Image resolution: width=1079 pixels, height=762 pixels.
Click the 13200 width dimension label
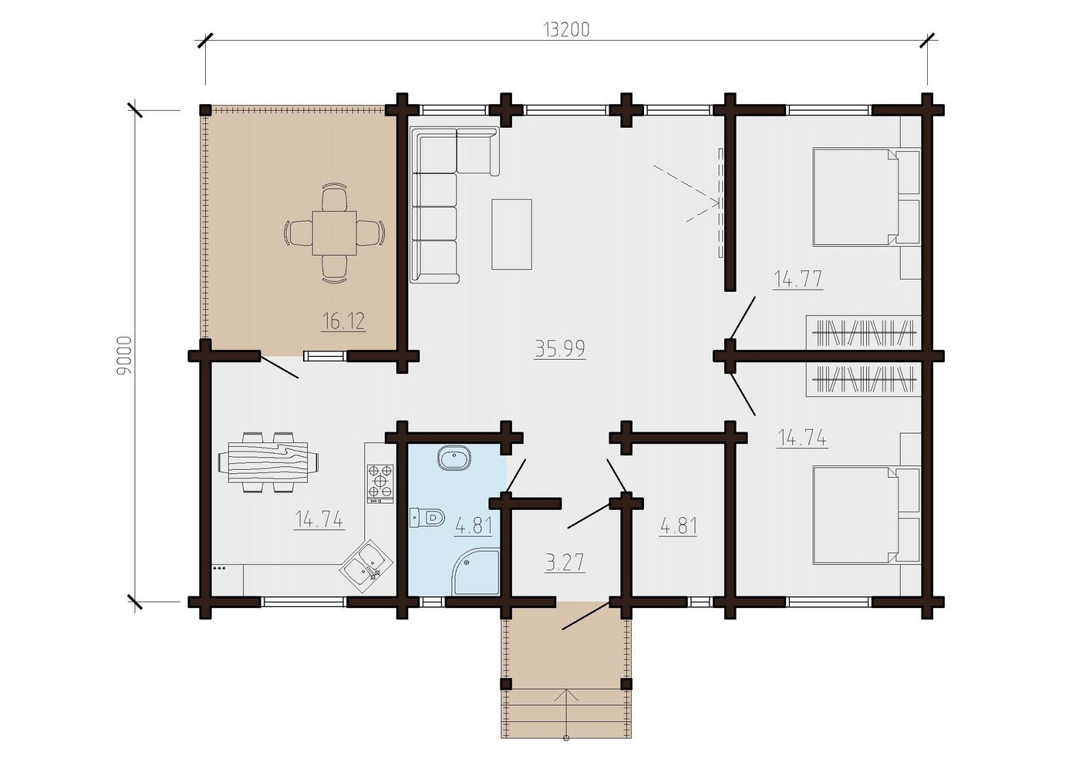tap(566, 29)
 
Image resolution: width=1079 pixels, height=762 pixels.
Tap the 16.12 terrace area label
tap(343, 321)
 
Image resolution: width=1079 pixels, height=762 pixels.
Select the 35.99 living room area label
tap(560, 348)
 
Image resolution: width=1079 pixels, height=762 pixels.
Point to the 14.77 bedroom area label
tap(797, 279)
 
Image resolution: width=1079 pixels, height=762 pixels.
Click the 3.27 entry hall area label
tap(565, 562)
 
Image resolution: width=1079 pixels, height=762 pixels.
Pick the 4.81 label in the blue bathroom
tap(473, 525)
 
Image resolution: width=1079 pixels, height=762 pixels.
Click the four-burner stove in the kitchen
tap(379, 482)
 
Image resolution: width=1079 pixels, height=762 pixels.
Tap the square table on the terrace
tap(334, 233)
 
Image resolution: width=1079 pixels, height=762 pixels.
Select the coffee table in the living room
tap(511, 233)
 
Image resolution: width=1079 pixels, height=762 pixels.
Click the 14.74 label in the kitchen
tap(319, 520)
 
